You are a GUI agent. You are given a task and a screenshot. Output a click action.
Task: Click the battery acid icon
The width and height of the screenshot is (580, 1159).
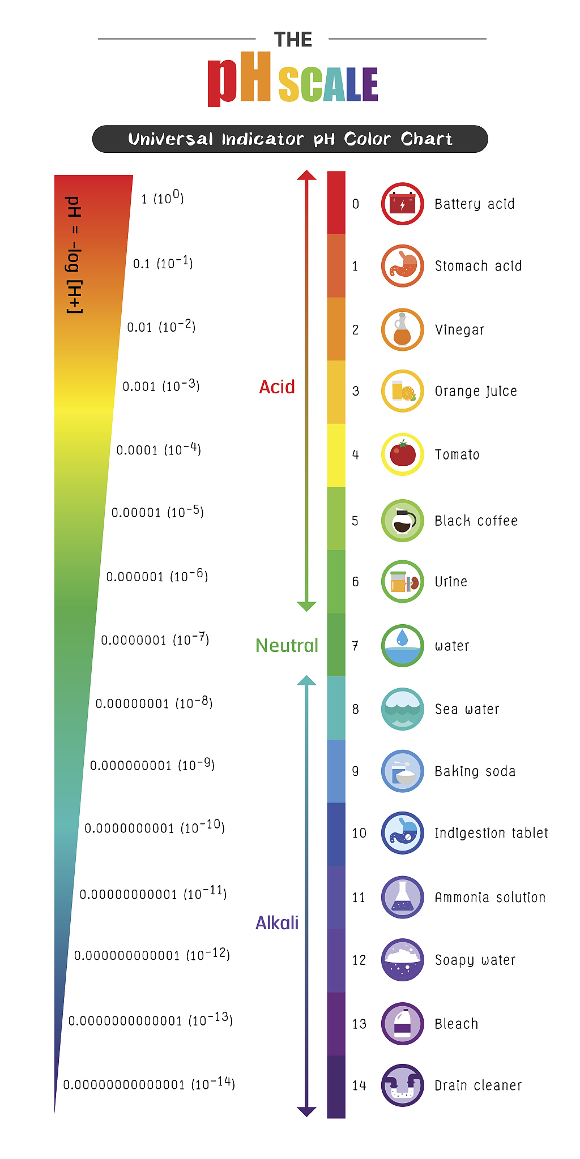pos(402,204)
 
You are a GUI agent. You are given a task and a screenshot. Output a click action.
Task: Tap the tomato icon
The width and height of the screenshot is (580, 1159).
pos(402,454)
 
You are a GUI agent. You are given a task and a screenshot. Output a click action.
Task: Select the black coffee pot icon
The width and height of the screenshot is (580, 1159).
pos(402,521)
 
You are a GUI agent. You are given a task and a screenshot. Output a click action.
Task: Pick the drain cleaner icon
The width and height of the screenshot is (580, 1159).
pos(402,1085)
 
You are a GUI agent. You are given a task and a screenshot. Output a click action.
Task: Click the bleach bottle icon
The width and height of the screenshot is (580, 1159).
pos(402,1023)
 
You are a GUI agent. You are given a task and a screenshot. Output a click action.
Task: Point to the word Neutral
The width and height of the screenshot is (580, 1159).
pos(287,645)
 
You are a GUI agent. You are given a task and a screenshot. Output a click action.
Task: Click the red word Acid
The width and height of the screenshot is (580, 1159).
pos(277,387)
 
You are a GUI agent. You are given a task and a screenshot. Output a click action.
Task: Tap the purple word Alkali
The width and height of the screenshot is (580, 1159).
pos(277,923)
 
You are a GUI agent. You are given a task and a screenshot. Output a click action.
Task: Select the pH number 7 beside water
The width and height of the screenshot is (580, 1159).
pos(355,646)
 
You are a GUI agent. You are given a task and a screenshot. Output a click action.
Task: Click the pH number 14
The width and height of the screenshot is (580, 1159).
pos(359,1085)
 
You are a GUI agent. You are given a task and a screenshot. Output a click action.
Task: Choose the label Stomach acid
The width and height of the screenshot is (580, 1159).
pos(478,266)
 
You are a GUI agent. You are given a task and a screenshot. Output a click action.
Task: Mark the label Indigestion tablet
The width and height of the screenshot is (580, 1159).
pos(491,833)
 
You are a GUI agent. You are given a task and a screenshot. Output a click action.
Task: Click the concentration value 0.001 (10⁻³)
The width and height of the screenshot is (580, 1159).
pos(161,386)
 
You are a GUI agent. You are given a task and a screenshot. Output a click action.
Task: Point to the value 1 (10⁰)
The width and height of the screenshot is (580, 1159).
pos(163,198)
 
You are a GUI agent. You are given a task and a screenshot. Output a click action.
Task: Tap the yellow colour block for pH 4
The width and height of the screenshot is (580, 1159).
pos(336,455)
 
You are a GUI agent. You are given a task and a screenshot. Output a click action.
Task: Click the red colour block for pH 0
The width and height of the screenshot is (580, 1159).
pos(336,203)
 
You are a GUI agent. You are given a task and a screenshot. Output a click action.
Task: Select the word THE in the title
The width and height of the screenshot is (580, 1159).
pos(293,40)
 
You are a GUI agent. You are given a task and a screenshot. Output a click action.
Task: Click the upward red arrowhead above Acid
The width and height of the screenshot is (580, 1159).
pos(306,175)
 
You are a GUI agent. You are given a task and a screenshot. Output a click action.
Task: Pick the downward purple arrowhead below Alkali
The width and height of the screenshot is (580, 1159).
pos(306,1111)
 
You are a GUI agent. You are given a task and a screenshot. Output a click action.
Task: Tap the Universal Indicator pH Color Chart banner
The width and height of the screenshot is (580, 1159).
pos(290,139)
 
